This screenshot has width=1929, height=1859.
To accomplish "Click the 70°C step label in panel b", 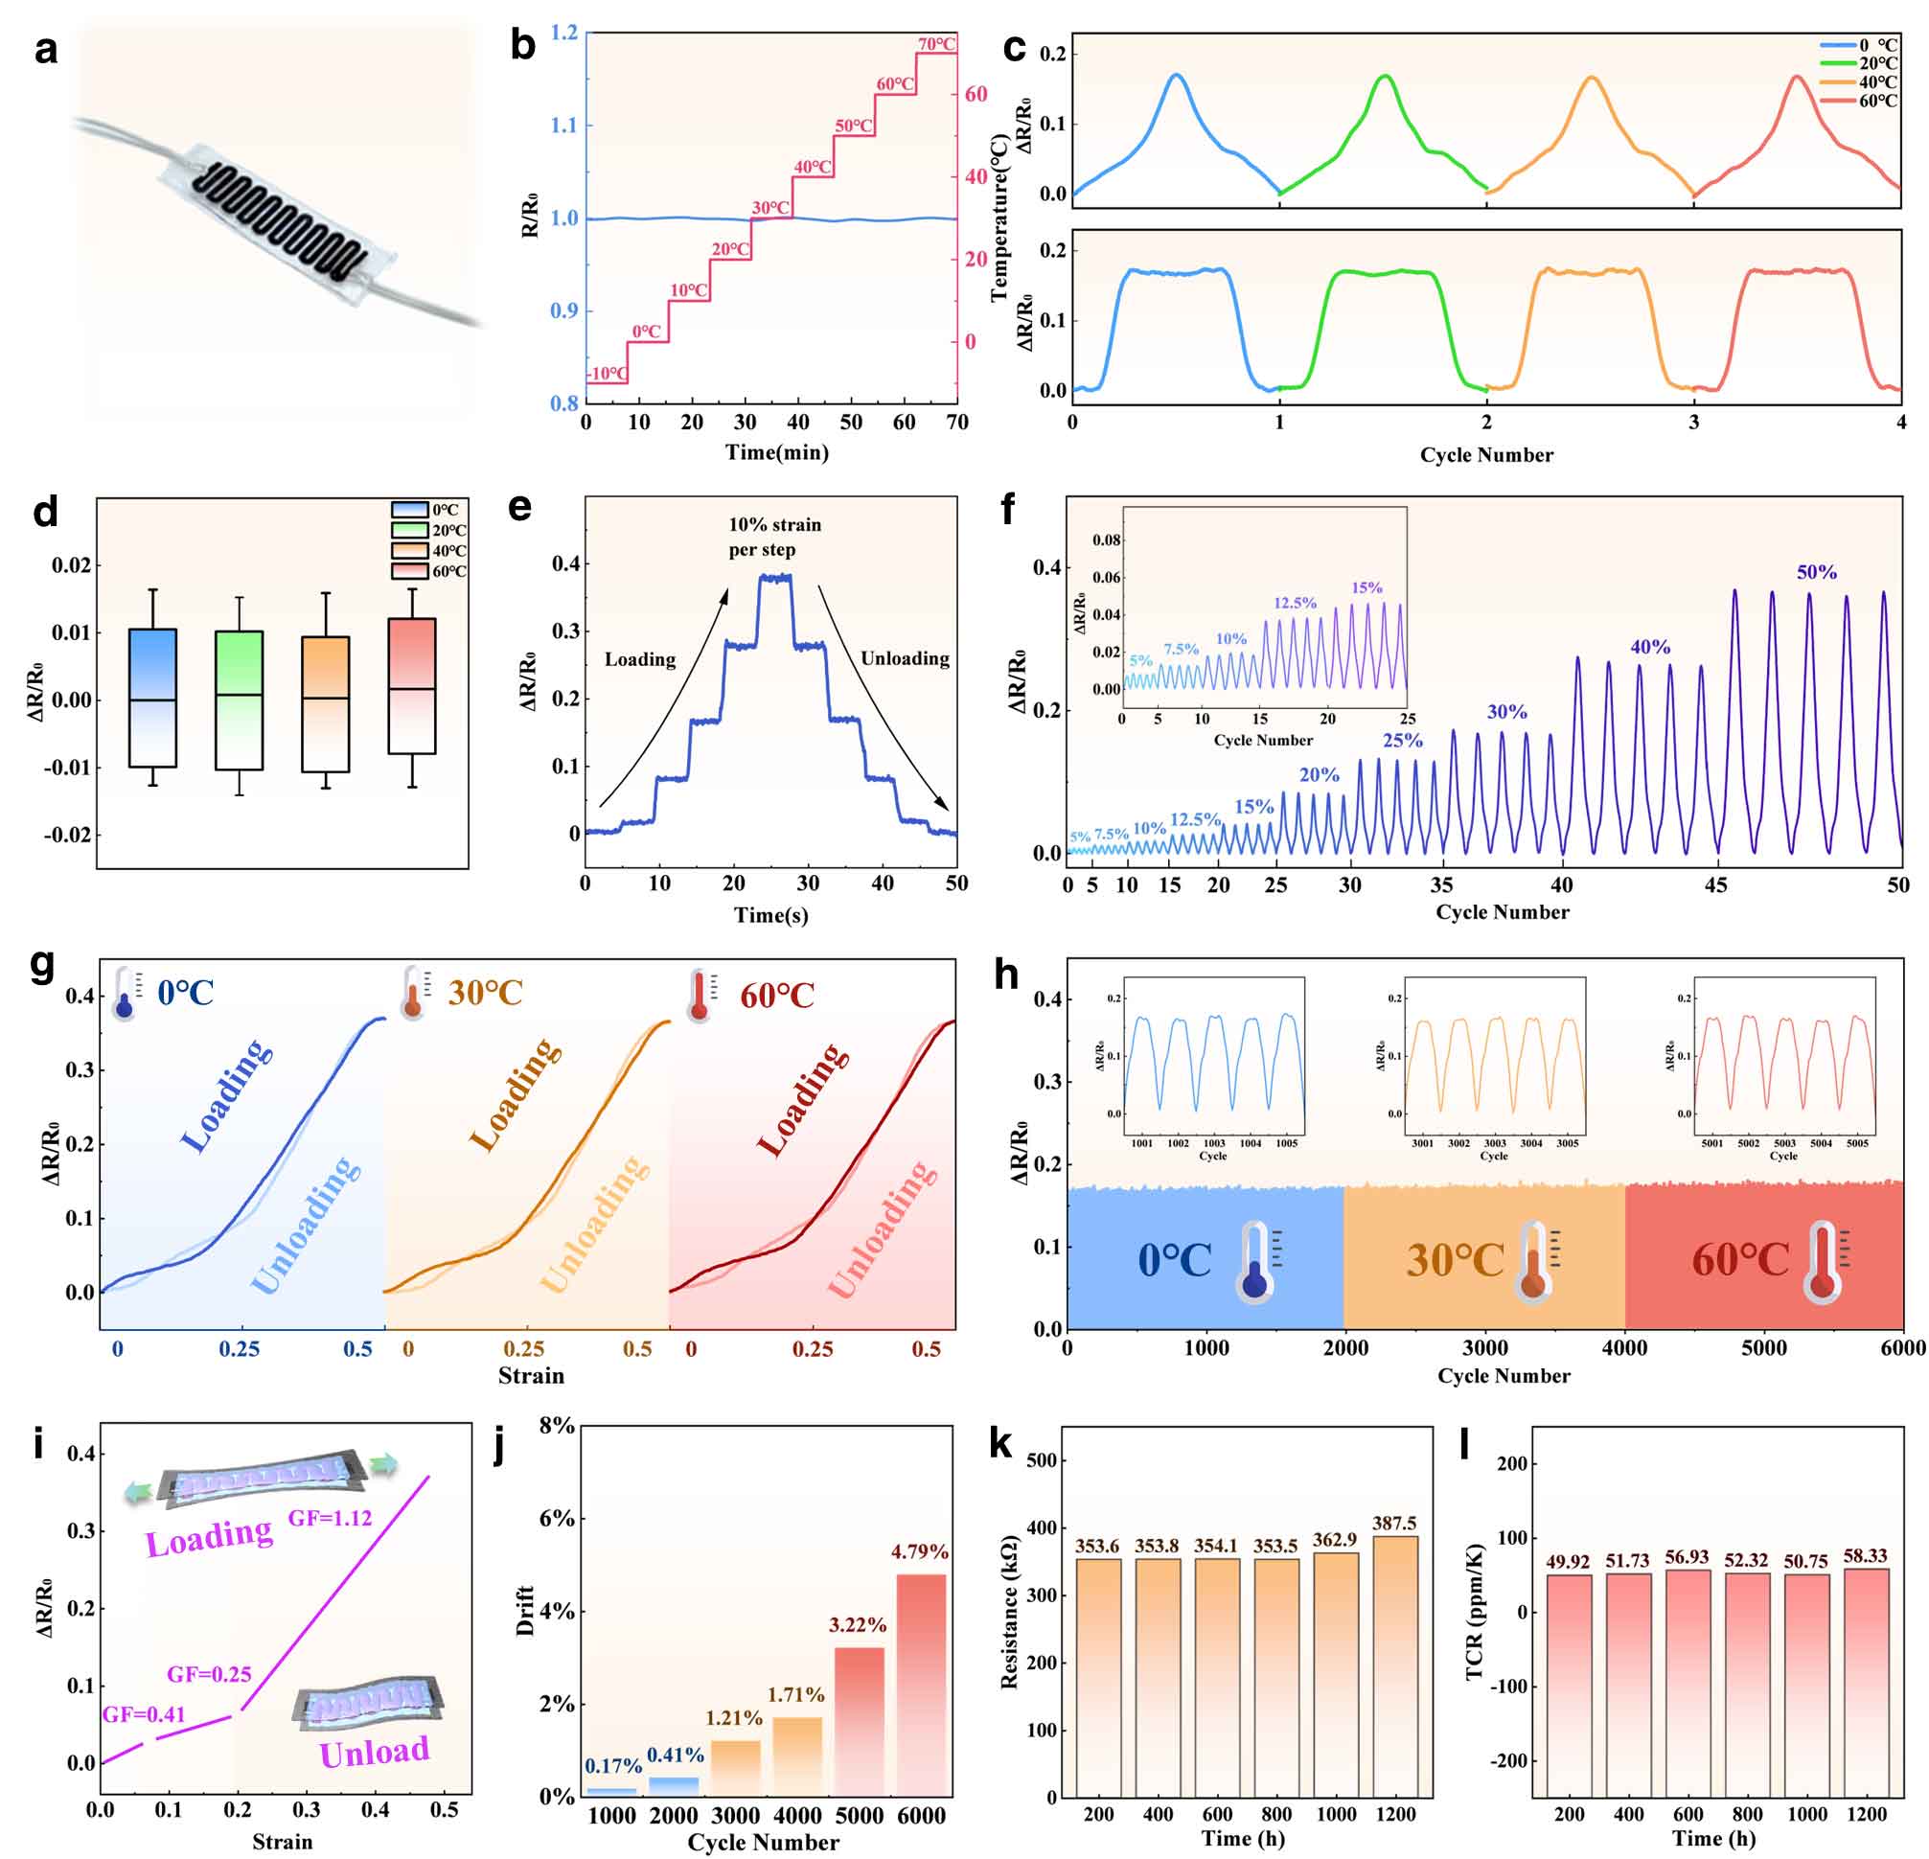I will coord(936,44).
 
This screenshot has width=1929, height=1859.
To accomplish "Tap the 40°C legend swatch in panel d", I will coord(409,551).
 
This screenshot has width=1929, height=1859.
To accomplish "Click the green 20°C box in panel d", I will coord(240,700).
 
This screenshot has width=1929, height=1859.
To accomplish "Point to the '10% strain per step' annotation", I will coord(774,537).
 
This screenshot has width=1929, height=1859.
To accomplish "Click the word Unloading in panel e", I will coord(905,658).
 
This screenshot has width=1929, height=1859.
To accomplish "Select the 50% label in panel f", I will coord(1816,572).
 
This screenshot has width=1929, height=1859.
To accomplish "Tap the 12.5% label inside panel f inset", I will coord(1295,603).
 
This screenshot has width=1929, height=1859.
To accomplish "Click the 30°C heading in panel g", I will coord(485,992).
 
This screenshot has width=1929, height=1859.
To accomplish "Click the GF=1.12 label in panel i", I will coord(330,1518).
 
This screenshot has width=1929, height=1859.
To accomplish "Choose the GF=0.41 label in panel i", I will coord(144,1714).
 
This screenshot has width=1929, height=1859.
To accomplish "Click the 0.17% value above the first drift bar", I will coord(613,1766).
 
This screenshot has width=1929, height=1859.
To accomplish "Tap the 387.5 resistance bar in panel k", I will coord(1394,1665).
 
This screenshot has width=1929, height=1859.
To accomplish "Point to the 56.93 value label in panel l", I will coord(1687,1557).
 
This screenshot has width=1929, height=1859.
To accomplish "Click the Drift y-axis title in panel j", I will coord(524,1611).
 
